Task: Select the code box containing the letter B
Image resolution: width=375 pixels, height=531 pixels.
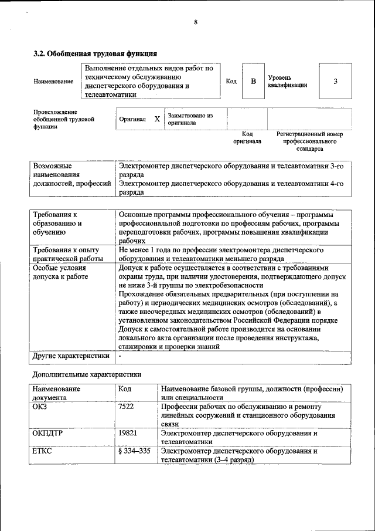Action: (x=253, y=81)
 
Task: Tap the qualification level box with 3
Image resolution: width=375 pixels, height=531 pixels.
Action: (x=335, y=81)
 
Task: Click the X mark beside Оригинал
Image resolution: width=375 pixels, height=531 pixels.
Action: (x=157, y=119)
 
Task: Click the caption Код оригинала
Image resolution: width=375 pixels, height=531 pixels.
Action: (x=247, y=138)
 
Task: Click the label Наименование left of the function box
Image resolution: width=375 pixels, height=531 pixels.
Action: (x=53, y=82)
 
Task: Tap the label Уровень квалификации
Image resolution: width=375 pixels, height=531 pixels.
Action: (x=288, y=81)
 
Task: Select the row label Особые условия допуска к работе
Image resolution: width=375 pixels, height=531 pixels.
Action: (x=61, y=271)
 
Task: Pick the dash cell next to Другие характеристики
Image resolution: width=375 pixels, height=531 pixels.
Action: (x=120, y=356)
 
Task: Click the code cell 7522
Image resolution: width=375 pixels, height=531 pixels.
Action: (x=127, y=406)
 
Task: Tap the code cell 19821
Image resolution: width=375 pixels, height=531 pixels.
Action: (x=128, y=433)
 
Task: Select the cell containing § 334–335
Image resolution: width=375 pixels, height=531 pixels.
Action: (x=134, y=451)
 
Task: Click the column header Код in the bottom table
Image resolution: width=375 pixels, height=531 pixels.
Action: (x=125, y=388)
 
